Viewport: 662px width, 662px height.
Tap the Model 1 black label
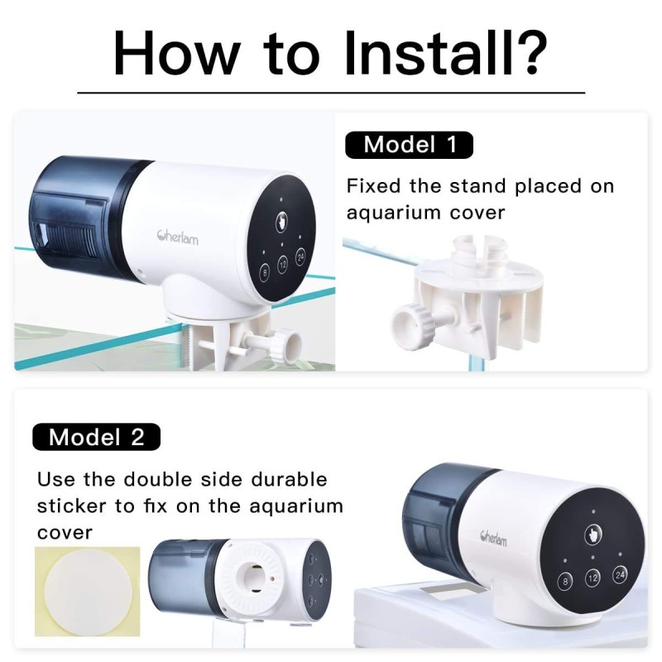[409, 145]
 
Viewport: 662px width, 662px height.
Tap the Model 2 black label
[96, 437]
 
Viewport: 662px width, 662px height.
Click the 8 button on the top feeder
[265, 272]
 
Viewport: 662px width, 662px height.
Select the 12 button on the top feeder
[283, 265]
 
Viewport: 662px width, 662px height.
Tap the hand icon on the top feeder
[283, 222]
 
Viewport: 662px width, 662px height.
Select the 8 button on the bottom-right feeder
[564, 582]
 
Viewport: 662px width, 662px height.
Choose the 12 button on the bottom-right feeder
[592, 578]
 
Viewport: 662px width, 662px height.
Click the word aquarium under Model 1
[393, 213]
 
